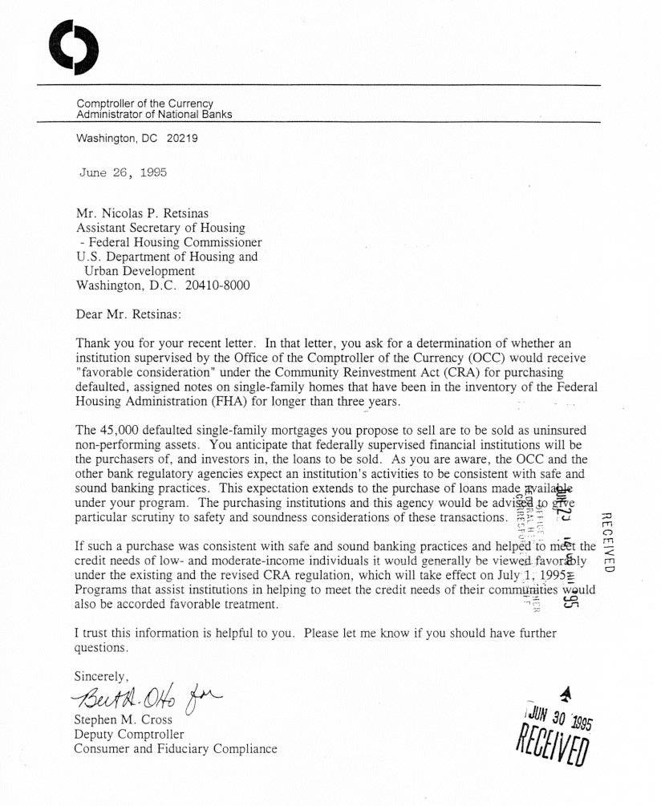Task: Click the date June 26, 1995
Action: tap(124, 172)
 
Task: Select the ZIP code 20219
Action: tap(182, 138)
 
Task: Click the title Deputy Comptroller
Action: tap(129, 734)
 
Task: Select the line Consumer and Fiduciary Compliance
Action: tap(176, 749)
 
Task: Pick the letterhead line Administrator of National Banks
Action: tap(154, 115)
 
